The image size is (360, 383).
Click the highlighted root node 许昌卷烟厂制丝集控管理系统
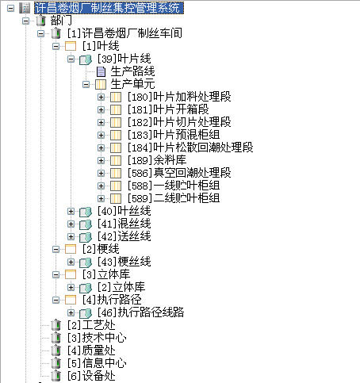point(109,8)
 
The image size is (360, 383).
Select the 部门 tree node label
point(61,21)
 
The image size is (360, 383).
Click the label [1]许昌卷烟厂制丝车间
point(124,33)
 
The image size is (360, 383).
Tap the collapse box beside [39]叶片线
point(71,59)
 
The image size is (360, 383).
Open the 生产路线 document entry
point(132,71)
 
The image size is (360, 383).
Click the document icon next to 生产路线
point(101,71)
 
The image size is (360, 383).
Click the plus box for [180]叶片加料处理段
point(101,97)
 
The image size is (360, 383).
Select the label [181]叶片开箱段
point(168,109)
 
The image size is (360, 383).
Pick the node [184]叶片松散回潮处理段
point(190,147)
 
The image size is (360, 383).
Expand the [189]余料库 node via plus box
point(101,160)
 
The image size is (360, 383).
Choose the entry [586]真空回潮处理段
point(179,173)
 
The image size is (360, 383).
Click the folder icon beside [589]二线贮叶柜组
point(116,198)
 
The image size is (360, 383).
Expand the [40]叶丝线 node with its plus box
point(71,211)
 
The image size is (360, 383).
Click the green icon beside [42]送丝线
point(86,236)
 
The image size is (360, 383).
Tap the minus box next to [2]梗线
point(56,249)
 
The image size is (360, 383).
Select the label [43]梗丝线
point(124,262)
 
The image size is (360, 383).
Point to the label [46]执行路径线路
point(140,312)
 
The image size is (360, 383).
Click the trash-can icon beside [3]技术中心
point(56,338)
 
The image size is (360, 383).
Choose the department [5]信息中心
point(97,363)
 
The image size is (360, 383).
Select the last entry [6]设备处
point(91,376)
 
